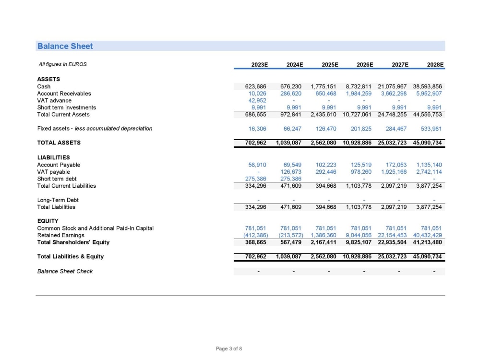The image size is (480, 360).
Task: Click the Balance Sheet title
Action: pyautogui.click(x=65, y=46)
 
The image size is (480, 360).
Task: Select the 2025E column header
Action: pyautogui.click(x=330, y=64)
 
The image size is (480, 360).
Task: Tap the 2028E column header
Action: pyautogui.click(x=435, y=64)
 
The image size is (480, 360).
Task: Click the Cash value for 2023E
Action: pyautogui.click(x=256, y=86)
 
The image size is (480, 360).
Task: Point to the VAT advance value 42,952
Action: pyautogui.click(x=257, y=100)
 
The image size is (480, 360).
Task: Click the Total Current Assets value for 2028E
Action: pyautogui.click(x=427, y=115)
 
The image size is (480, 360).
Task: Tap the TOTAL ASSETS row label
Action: pyautogui.click(x=59, y=143)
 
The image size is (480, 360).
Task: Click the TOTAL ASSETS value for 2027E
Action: pyautogui.click(x=392, y=143)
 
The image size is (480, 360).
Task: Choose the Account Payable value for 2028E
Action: pyautogui.click(x=429, y=165)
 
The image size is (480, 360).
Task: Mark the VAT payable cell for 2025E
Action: pyautogui.click(x=326, y=172)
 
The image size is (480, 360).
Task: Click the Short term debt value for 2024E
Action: pyautogui.click(x=292, y=179)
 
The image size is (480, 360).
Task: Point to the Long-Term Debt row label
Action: pyautogui.click(x=58, y=200)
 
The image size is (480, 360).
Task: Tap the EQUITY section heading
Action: pyautogui.click(x=48, y=221)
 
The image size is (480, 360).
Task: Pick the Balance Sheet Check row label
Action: pyautogui.click(x=65, y=271)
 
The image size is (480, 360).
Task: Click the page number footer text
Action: pyautogui.click(x=229, y=348)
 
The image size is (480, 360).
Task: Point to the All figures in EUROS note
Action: pyautogui.click(x=63, y=64)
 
